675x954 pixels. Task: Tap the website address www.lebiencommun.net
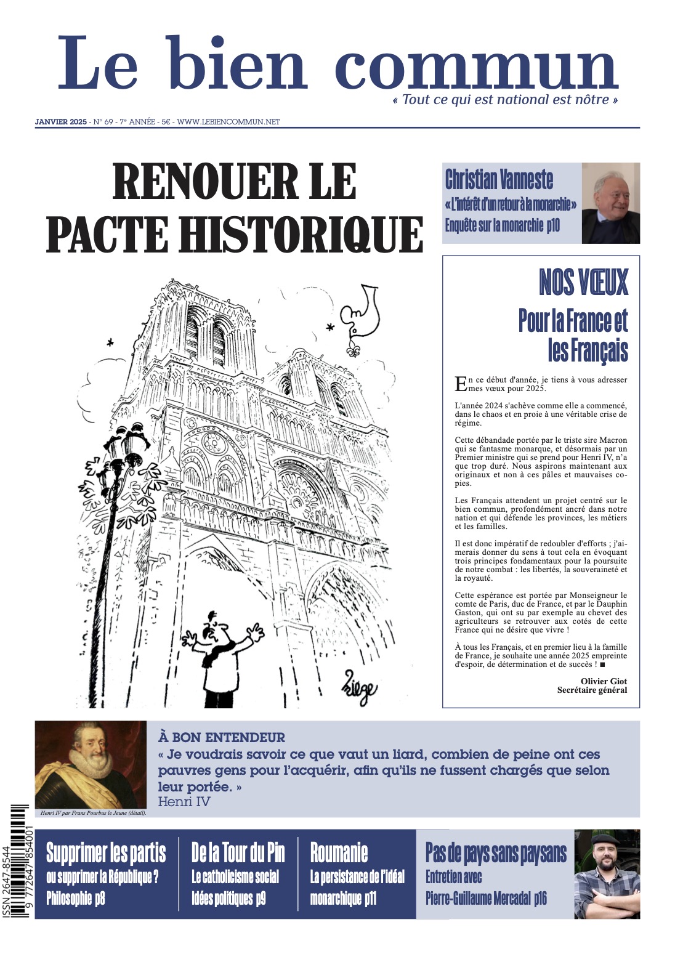pos(228,122)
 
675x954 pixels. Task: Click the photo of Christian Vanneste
pos(610,203)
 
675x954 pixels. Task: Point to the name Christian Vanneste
pos(499,179)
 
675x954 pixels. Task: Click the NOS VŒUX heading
pos(583,283)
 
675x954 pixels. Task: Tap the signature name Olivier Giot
pos(604,681)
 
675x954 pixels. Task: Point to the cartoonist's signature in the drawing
pos(360,690)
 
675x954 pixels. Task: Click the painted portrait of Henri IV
pos(91,764)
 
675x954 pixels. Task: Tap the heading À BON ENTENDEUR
pos(221,737)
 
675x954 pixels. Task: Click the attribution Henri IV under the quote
pos(184,801)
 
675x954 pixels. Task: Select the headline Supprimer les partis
pos(106,853)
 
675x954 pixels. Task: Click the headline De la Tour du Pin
pos(238,853)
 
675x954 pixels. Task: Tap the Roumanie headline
pos(339,853)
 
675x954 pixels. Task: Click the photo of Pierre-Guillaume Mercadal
pos(607,874)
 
